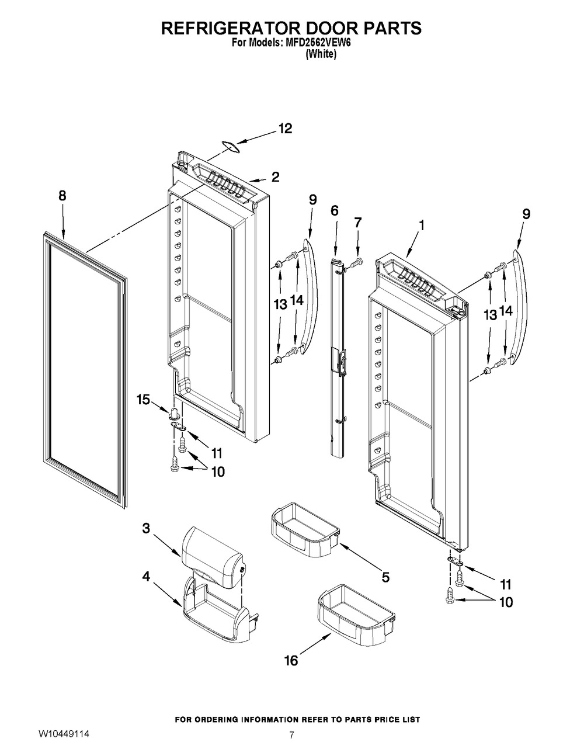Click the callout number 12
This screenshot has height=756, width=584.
284,129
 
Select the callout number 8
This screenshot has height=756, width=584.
62,197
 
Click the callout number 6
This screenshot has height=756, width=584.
335,210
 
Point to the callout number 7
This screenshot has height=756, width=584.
358,222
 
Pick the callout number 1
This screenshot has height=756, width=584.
421,224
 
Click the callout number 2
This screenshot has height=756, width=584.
275,176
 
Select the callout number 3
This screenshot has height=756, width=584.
146,528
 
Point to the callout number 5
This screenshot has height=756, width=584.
385,577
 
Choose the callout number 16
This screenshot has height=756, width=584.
291,660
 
